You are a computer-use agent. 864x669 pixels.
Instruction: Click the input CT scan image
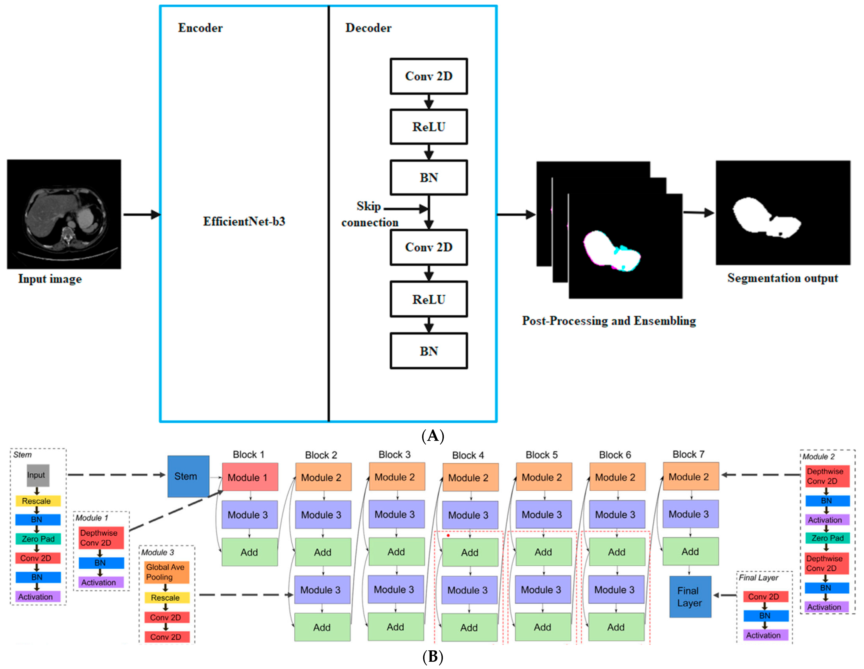tap(64, 214)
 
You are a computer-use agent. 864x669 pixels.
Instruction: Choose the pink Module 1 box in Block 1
tap(250, 477)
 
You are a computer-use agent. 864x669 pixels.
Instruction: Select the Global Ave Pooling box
tap(166, 572)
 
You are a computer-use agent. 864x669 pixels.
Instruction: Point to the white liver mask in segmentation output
tap(760, 217)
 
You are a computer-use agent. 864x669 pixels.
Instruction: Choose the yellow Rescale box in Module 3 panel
tap(166, 597)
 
